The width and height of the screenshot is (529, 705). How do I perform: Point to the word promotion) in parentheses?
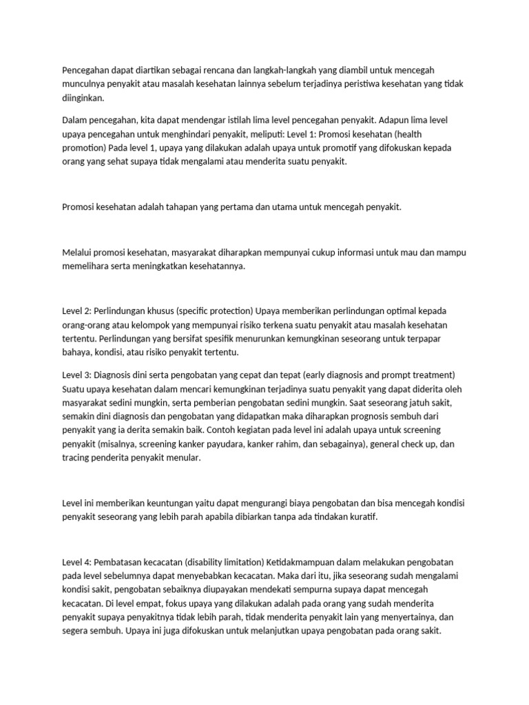tap(85, 147)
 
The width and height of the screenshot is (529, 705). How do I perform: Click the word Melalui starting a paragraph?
tap(76, 253)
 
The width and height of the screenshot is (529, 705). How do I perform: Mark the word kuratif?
tap(361, 517)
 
